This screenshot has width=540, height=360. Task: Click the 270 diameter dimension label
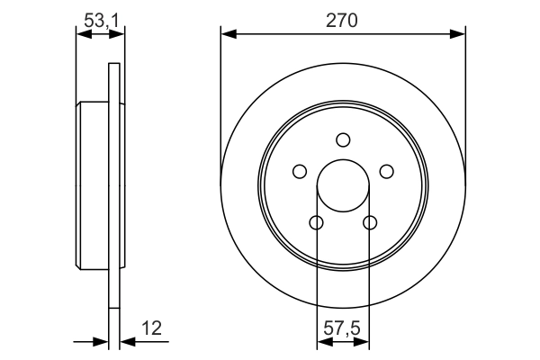point(343,21)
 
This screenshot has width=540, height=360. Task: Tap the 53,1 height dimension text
point(99,21)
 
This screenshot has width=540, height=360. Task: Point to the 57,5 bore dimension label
point(343,329)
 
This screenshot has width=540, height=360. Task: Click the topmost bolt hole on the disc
point(343,139)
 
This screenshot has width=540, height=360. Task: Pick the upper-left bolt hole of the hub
point(300,171)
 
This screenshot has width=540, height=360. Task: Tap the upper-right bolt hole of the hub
point(386,171)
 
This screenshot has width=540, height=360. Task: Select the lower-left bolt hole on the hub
point(316,222)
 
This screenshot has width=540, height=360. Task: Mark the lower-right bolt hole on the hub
point(369,222)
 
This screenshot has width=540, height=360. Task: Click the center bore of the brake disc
point(343,185)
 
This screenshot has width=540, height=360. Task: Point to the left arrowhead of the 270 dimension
point(228,34)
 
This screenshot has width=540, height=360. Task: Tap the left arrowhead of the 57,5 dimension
point(323,342)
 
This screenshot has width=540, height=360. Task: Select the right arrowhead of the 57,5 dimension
point(363,342)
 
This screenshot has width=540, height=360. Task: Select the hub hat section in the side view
point(93,185)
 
